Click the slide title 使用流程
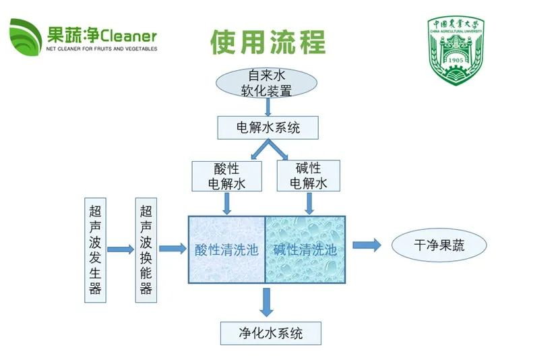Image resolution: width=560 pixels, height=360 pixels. pos(268,42)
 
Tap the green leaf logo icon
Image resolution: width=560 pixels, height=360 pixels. pos(25,38)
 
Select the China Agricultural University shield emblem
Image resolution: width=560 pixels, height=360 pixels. pos(456,51)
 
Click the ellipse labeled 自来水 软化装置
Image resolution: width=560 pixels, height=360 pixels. pos(267,83)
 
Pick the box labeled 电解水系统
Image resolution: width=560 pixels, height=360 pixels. pos(268,127)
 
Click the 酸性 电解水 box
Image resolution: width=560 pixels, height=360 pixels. pos(226,176)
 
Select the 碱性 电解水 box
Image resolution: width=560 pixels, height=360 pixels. pos(309,176)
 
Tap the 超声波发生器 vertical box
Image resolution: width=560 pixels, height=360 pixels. pos(95,249)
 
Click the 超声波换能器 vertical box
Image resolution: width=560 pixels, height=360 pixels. pos(146,249)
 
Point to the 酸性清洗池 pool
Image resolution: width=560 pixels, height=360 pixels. pos(226,249)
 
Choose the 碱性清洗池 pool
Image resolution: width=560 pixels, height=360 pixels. pos(305,249)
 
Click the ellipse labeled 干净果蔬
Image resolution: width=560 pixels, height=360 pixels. pos(438,245)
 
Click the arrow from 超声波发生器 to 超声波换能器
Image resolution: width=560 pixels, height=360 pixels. pos(120,249)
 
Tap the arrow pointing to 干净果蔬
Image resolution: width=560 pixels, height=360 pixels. pos(367,245)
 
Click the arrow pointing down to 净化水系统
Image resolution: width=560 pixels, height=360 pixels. pos(267,302)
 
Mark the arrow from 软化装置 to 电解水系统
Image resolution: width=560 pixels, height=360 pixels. pos(268,107)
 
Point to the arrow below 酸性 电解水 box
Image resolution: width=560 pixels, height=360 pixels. pos(226,202)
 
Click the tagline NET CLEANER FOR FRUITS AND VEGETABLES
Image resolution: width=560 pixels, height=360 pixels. pos(101,49)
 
